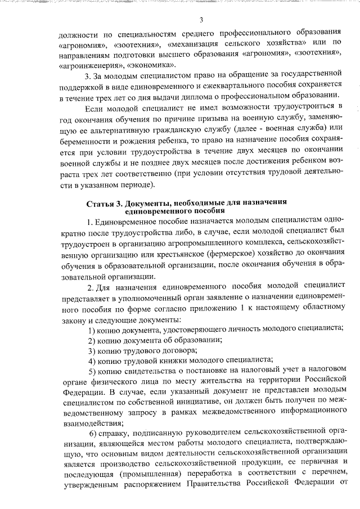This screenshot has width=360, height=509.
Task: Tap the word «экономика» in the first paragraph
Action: click(145, 65)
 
